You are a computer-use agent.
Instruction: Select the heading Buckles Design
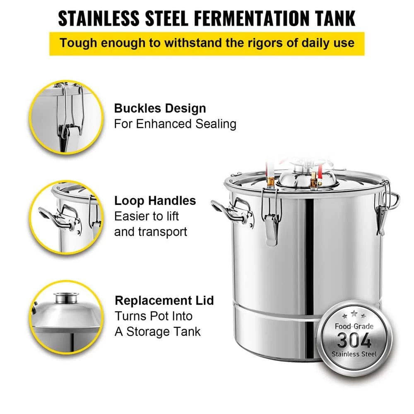[x=160, y=108]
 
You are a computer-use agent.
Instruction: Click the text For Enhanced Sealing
[x=175, y=124]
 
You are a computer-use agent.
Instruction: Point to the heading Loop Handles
[x=155, y=201]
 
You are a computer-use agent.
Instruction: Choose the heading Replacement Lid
[x=164, y=301]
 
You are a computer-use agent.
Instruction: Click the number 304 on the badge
[x=354, y=340]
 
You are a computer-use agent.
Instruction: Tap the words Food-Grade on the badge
[x=354, y=326]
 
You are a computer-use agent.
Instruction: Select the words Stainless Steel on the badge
[x=354, y=354]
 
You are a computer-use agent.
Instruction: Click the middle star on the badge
[x=354, y=314]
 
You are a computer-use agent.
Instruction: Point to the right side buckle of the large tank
[x=382, y=209]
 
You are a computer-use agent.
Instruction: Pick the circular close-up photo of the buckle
[x=66, y=117]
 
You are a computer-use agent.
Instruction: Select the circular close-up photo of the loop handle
[x=66, y=217]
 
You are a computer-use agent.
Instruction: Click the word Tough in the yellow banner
[x=79, y=43]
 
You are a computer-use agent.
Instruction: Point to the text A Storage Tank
[x=158, y=332]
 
